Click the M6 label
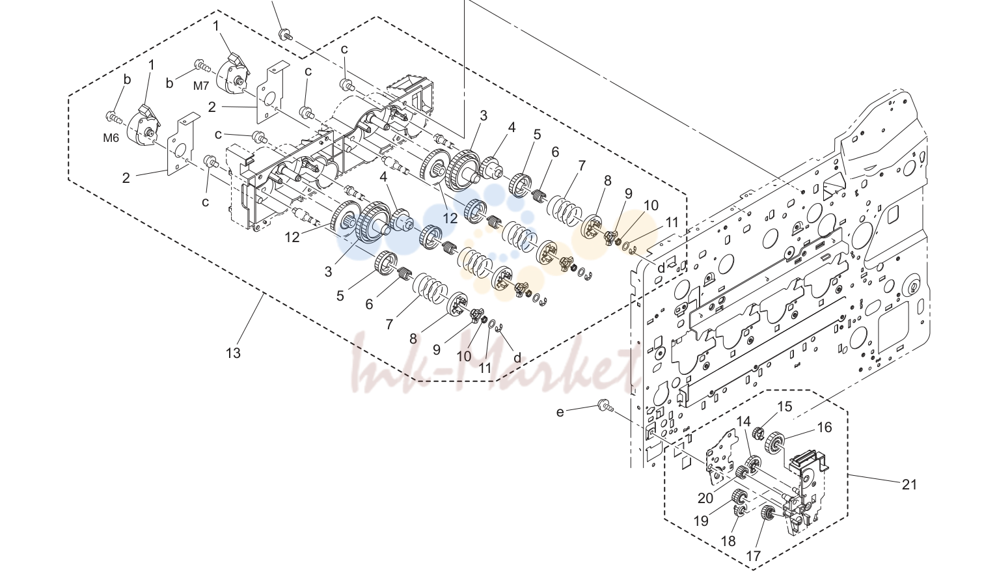(x=111, y=138)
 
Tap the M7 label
(x=200, y=86)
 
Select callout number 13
(x=233, y=353)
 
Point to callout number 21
(x=909, y=484)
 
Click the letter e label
(x=560, y=412)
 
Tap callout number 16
(x=825, y=428)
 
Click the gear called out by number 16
(x=774, y=443)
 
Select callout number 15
(x=785, y=406)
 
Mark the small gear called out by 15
(x=758, y=433)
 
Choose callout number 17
(x=753, y=556)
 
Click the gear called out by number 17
(x=767, y=514)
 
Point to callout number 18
(x=728, y=541)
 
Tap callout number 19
(x=701, y=521)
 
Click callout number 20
(x=705, y=498)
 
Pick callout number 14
(x=743, y=421)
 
